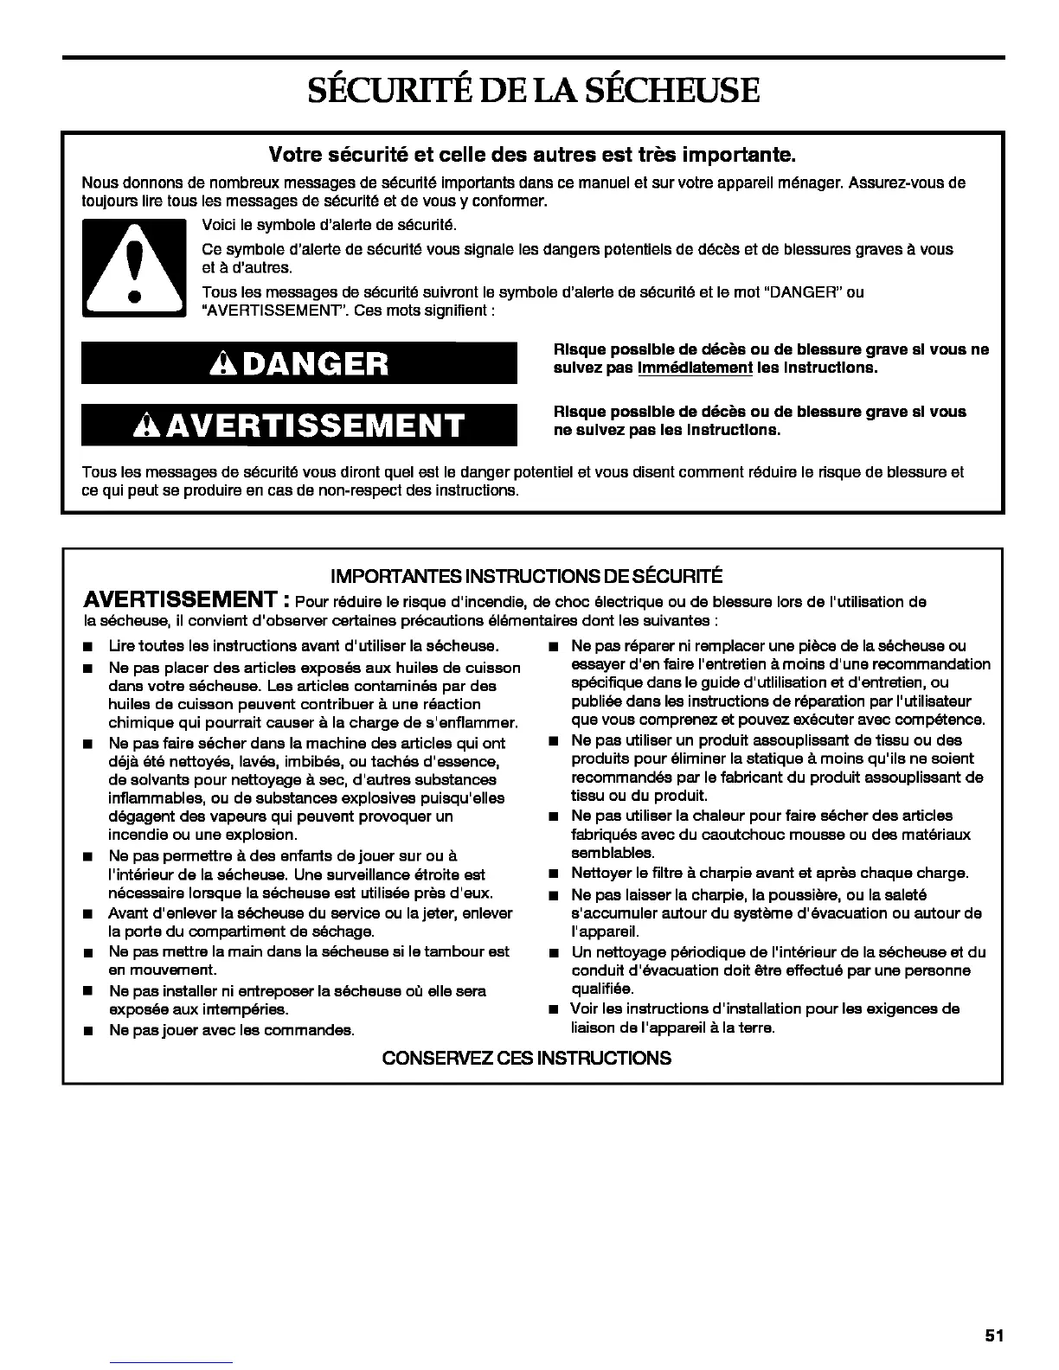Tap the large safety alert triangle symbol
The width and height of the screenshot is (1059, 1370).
point(133,269)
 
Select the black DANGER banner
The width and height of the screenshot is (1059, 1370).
point(298,363)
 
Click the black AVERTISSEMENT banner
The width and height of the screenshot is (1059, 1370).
point(298,425)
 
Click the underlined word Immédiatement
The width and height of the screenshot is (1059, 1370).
point(694,368)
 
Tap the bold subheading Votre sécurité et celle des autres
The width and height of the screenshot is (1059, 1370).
point(531,156)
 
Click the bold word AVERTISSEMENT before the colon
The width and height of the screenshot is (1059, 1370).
point(180,600)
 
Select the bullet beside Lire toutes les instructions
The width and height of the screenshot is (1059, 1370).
point(87,647)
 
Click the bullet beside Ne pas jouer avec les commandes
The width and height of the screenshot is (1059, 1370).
point(87,1031)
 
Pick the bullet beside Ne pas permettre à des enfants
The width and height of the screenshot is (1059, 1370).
point(87,857)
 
